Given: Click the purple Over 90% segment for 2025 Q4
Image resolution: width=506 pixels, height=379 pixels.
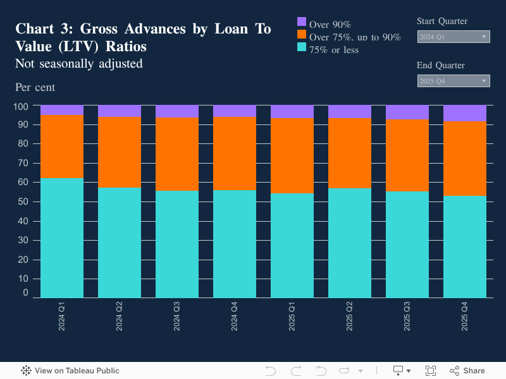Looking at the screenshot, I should tap(465, 113).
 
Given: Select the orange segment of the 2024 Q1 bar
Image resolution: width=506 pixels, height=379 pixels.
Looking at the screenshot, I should tap(62, 146).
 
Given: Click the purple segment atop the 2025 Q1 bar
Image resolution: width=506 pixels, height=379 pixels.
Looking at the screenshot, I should tap(292, 112).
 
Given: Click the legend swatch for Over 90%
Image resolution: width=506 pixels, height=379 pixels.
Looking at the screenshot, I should tap(302, 21).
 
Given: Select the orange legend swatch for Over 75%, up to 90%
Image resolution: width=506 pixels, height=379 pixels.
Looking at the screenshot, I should tap(302, 34).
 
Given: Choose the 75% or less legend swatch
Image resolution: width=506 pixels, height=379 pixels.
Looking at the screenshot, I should tap(302, 47).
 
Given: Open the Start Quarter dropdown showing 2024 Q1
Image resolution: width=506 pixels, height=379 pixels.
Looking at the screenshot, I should tap(454, 37).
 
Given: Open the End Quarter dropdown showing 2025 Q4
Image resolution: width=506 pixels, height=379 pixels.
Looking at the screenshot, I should tap(454, 81).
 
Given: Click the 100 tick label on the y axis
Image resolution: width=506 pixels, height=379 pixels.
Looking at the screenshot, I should tap(21, 105).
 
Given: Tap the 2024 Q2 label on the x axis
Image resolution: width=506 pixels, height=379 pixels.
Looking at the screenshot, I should tap(120, 316).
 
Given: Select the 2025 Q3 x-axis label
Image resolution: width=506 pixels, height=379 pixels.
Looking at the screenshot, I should tap(407, 316).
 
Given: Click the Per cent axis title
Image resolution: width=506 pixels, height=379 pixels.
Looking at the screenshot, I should tap(35, 87).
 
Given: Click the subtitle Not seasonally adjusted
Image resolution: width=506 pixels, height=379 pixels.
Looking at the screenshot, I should tap(78, 64).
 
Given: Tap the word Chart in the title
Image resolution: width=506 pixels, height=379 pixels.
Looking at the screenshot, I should tap(34, 29).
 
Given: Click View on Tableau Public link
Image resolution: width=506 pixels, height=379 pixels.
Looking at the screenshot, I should tap(70, 371).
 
